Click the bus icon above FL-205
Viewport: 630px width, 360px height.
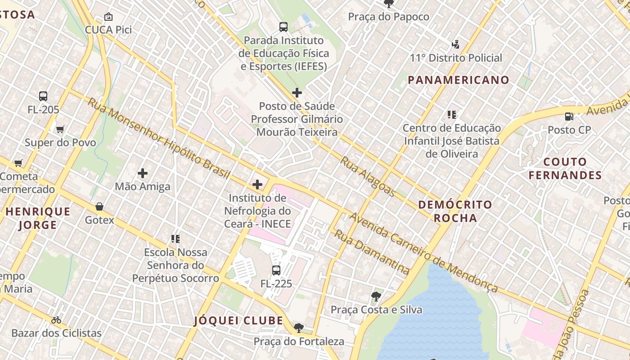[43, 96]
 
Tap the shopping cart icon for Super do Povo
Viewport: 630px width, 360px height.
[60, 130]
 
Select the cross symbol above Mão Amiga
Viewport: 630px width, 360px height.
[143, 173]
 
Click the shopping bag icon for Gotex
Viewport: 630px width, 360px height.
[99, 207]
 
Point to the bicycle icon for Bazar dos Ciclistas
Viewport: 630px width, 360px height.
[56, 320]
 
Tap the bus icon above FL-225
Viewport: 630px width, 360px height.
[276, 270]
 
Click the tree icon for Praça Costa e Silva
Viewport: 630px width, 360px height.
[376, 297]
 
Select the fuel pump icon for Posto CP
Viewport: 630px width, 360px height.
[569, 117]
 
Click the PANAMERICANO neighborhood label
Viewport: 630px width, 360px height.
[459, 80]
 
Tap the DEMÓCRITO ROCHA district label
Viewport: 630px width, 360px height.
[455, 211]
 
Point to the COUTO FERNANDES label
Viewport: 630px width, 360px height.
[565, 168]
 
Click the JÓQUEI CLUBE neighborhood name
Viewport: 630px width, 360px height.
[238, 321]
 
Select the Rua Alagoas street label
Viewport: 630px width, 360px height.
[367, 176]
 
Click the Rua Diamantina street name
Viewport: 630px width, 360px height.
[372, 252]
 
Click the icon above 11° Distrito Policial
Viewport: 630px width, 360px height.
[455, 44]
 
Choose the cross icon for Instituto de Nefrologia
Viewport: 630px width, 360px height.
[257, 184]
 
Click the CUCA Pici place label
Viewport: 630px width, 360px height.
[108, 30]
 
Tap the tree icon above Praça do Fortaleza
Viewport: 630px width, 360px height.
[298, 328]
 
